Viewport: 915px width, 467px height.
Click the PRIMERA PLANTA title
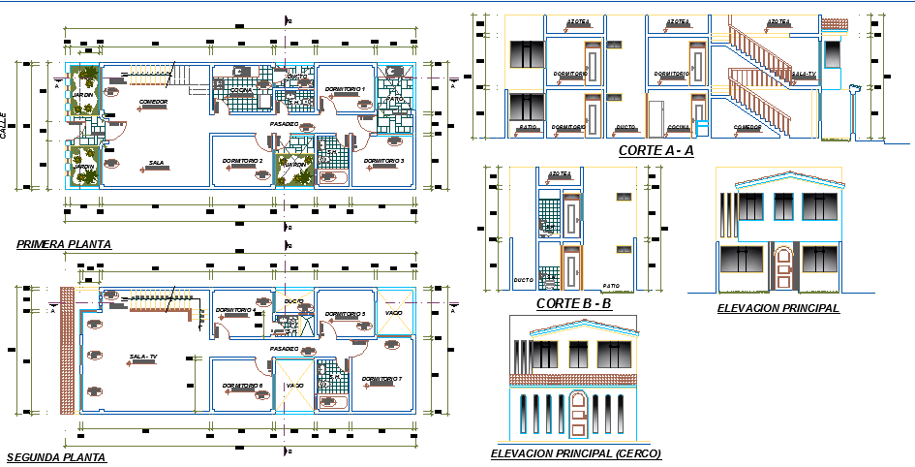[63, 245]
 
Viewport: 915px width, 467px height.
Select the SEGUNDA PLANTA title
[56, 456]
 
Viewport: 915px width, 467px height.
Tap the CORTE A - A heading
[656, 150]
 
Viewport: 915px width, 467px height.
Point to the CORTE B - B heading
[573, 304]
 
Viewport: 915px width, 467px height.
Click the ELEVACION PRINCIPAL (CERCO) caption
[575, 452]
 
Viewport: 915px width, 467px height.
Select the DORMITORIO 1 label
[345, 89]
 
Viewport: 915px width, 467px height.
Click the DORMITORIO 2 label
[242, 160]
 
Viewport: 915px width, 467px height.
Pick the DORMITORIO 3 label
[382, 161]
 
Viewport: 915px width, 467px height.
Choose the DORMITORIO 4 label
[235, 310]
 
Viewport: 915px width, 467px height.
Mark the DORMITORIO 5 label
[345, 314]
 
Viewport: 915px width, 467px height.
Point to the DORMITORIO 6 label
[242, 386]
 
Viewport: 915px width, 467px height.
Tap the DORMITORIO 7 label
[381, 379]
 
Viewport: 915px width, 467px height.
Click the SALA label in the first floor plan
[155, 163]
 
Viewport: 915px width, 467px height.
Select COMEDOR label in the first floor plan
[153, 101]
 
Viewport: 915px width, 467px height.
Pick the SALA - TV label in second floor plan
[142, 357]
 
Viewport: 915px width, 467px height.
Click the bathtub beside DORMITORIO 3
[332, 179]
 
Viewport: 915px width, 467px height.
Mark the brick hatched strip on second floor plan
[67, 350]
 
